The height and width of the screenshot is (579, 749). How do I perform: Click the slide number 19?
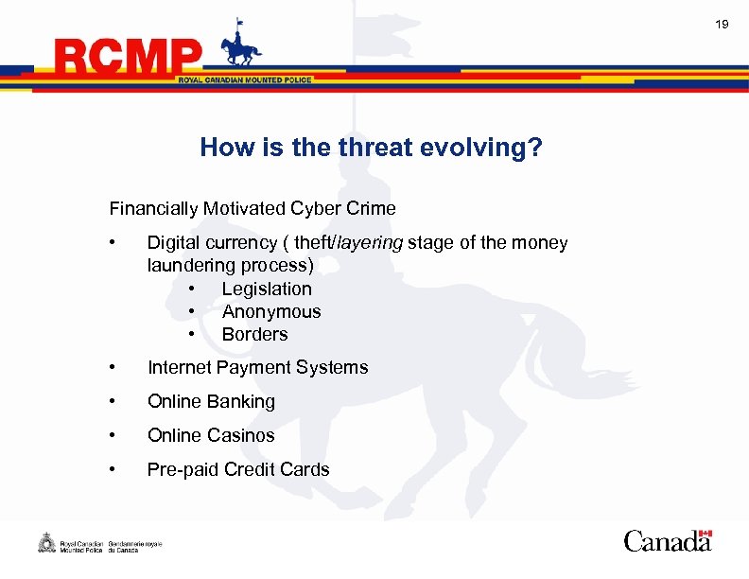[722, 24]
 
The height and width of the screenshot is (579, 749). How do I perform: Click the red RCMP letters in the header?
[129, 58]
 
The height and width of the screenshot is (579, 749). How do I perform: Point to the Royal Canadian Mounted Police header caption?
[245, 80]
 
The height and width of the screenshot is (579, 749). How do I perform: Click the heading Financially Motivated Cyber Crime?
[253, 208]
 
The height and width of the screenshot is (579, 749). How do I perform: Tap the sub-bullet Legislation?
[267, 289]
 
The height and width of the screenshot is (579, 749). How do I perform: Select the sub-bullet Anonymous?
[271, 311]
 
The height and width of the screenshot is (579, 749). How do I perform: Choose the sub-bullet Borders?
[254, 334]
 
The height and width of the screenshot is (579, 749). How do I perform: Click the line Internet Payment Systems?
[257, 367]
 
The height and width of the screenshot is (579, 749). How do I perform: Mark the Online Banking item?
[211, 401]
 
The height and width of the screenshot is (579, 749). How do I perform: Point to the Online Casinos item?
[211, 435]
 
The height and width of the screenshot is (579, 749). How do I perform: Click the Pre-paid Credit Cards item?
[238, 469]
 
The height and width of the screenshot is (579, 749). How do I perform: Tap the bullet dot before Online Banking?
[113, 401]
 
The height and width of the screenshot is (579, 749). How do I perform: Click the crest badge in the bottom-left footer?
[46, 543]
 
